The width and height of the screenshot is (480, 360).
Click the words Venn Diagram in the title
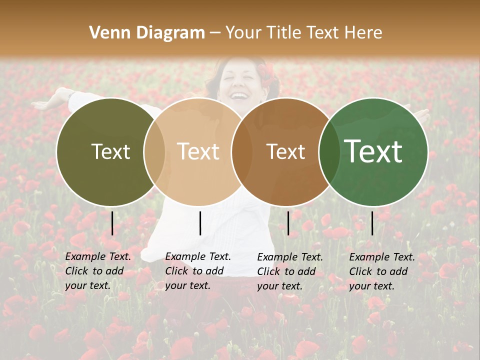[x=147, y=33]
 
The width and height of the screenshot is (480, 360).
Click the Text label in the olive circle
[x=110, y=151]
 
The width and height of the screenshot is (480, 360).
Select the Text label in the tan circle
[x=198, y=151]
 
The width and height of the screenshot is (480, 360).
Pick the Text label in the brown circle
[x=285, y=151]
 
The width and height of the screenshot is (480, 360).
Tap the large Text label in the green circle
[x=373, y=151]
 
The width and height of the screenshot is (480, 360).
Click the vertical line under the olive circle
[x=112, y=223]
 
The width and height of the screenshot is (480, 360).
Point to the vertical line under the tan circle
[x=200, y=223]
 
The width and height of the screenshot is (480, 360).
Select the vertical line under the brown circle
[x=288, y=223]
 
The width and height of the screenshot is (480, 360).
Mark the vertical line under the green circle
[x=372, y=223]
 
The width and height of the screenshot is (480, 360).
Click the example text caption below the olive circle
[x=98, y=271]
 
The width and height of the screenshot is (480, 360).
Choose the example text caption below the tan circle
[x=198, y=271]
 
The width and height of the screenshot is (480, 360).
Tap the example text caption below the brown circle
[x=290, y=271]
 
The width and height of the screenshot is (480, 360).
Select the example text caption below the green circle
[x=382, y=271]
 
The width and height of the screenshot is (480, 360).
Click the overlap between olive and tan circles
[x=154, y=151]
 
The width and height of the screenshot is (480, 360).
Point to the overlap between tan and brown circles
[x=242, y=151]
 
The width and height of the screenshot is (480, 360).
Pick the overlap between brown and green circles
[x=329, y=151]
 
